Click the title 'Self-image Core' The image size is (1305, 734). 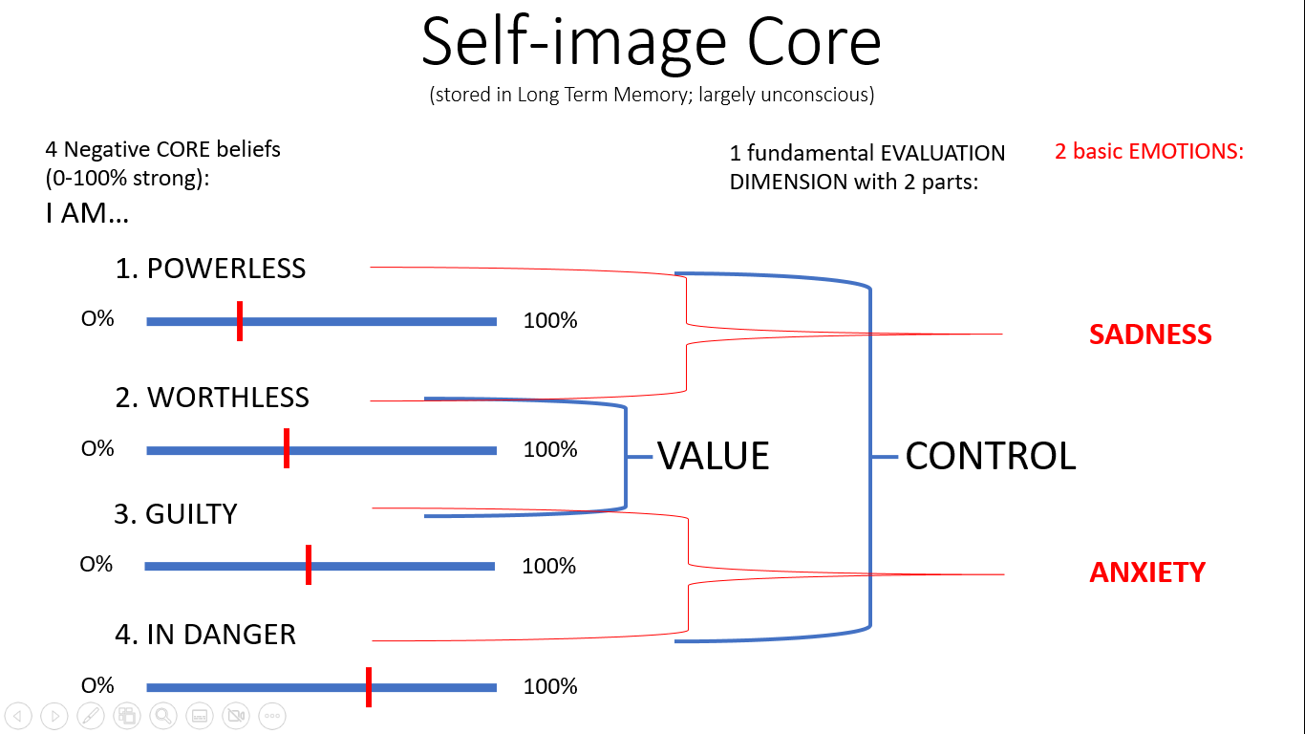[652, 42]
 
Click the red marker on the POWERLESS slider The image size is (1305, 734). [239, 321]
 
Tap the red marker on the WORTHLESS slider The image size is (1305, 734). [287, 449]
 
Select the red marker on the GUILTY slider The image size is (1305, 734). [309, 565]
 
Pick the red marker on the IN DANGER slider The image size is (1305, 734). [369, 687]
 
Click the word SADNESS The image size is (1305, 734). [1150, 335]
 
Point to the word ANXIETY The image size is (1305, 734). [1147, 572]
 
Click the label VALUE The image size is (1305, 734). [713, 457]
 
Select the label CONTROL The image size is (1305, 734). [990, 457]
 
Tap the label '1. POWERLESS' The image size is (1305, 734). [210, 269]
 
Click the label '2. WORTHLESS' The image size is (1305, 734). [212, 398]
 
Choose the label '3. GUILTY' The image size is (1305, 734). [176, 514]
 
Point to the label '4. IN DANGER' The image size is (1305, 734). [205, 635]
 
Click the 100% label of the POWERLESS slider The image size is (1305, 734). [550, 321]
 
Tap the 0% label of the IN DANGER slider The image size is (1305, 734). [97, 686]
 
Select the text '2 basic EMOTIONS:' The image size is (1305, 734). [1149, 151]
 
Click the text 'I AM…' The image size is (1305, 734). [87, 213]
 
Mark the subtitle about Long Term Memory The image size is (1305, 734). [652, 95]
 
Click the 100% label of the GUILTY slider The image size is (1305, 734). [549, 566]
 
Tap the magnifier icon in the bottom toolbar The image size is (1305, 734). [163, 715]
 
